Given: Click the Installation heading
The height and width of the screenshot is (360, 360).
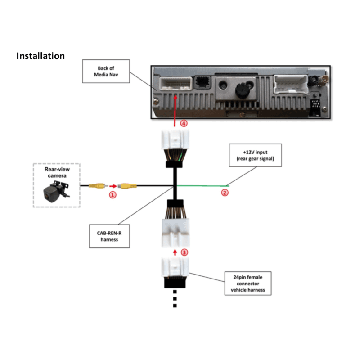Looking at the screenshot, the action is [40, 56].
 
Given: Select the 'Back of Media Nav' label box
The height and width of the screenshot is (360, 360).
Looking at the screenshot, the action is [106, 71].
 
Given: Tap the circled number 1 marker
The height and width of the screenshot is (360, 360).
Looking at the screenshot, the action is [112, 195].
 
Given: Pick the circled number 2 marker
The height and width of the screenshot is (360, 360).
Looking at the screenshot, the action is [225, 193].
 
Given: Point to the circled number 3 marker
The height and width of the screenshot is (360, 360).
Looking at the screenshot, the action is [184, 252].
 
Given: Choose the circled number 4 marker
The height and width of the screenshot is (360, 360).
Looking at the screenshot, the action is [184, 123].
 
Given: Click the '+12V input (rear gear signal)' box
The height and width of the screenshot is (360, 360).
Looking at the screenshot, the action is [255, 155].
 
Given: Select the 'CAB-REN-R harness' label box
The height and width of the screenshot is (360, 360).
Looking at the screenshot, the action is [109, 236].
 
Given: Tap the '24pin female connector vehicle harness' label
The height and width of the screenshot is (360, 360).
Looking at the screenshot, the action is [248, 283].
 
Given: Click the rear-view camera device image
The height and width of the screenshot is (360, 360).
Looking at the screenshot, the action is [56, 191].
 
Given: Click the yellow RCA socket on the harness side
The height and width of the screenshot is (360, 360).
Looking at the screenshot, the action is [127, 186].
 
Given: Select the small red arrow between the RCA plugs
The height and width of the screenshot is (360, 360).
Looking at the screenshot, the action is [113, 186].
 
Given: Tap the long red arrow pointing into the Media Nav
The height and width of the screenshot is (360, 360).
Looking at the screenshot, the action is [175, 111].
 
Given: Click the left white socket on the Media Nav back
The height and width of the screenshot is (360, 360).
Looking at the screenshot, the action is [176, 84].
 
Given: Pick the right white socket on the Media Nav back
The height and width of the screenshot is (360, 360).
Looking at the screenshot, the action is [291, 84].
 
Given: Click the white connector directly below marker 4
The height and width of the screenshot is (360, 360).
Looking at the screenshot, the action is [175, 139].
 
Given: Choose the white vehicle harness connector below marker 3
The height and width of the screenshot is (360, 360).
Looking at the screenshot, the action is [175, 267].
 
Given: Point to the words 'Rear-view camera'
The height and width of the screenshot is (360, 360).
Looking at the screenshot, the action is [57, 172].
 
